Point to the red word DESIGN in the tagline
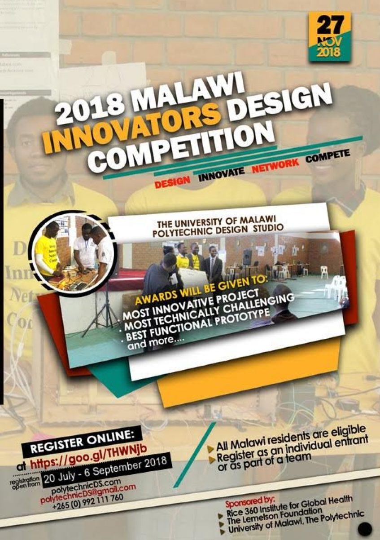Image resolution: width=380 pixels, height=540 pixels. coord(172,181)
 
